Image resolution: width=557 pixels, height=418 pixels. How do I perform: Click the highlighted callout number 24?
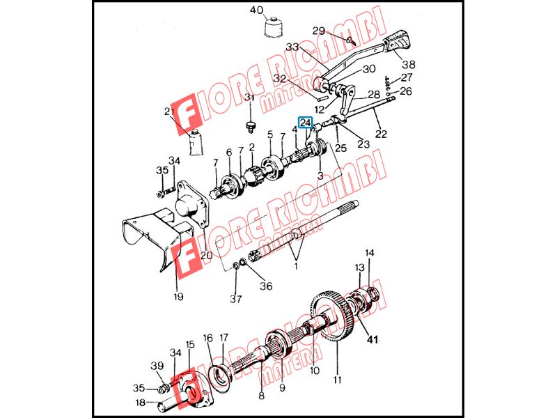[306, 123]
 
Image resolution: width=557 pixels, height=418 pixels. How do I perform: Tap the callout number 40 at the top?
[256, 10]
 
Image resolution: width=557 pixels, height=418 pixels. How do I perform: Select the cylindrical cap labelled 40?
[273, 26]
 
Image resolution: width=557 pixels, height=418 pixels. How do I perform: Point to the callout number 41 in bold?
[372, 340]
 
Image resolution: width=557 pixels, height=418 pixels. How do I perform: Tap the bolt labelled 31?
[251, 127]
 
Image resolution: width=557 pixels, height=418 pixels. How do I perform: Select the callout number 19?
[178, 296]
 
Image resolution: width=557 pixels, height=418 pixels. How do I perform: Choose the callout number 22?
[381, 134]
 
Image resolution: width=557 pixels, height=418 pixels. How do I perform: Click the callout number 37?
[235, 299]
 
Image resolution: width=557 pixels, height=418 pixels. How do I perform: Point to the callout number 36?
[266, 286]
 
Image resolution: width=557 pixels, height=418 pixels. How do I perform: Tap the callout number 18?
[141, 403]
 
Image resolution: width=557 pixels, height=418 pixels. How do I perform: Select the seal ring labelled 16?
[221, 378]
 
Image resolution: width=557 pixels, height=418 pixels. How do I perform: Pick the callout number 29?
[319, 31]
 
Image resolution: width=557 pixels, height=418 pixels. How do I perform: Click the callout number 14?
[370, 253]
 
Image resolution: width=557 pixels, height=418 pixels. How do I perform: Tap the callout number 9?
[282, 387]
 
